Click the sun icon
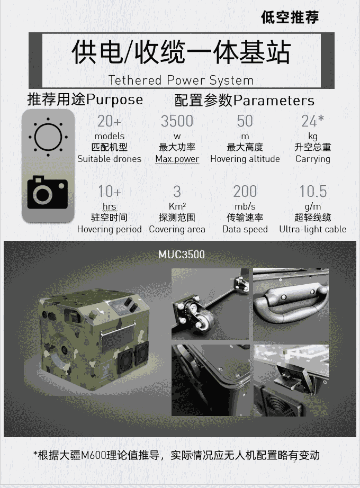[48, 137]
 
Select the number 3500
[177, 121]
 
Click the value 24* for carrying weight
[313, 121]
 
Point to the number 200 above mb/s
[245, 192]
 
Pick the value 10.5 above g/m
[313, 192]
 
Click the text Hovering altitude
[245, 159]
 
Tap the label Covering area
[177, 229]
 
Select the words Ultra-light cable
[313, 229]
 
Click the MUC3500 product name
[182, 255]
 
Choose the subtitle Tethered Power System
[181, 80]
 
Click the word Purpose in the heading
[114, 100]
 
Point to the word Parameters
[274, 101]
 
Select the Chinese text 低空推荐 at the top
[290, 17]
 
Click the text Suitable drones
[109, 159]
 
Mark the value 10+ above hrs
[109, 192]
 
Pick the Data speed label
[245, 229]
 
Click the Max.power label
[177, 159]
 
